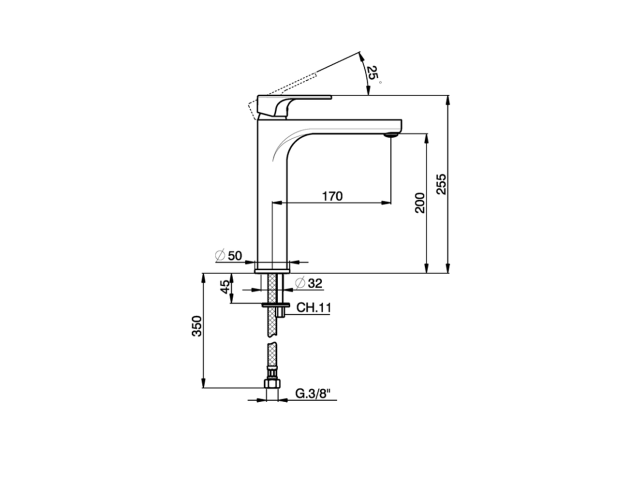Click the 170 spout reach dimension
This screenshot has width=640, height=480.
pyautogui.click(x=332, y=196)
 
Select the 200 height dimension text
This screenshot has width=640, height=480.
pyautogui.click(x=420, y=202)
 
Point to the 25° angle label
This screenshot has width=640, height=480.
pyautogui.click(x=372, y=73)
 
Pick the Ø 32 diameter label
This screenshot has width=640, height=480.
pyautogui.click(x=309, y=283)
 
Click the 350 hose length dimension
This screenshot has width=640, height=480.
pyautogui.click(x=197, y=326)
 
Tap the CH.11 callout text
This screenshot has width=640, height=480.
pyautogui.click(x=313, y=307)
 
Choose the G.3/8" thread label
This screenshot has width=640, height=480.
pyautogui.click(x=313, y=393)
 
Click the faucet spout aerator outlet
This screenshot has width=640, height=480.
pyautogui.click(x=390, y=134)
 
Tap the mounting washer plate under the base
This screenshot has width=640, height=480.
pyautogui.click(x=275, y=304)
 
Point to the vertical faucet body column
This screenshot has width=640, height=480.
pyautogui.click(x=272, y=210)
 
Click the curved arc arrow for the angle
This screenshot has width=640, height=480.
pyautogui.click(x=363, y=75)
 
